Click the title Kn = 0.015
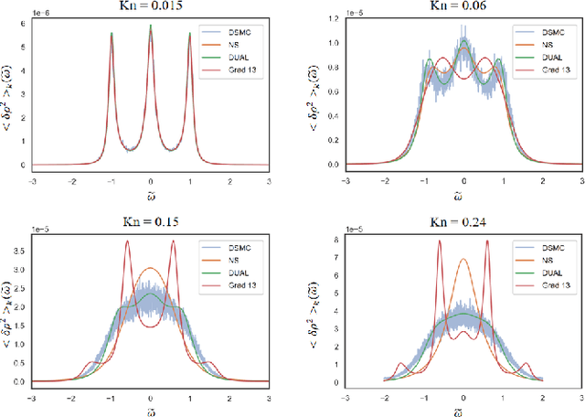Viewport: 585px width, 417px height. [x=150, y=7]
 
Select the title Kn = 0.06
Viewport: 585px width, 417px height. [x=463, y=7]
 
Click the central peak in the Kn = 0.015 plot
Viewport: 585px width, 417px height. [x=151, y=26]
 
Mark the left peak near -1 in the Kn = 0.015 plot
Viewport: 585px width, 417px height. [x=112, y=34]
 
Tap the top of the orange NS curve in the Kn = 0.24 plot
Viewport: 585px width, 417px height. [x=464, y=260]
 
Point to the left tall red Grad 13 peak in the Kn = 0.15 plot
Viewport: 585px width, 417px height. [x=127, y=241]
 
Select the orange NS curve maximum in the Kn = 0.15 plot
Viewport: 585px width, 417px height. [x=151, y=268]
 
